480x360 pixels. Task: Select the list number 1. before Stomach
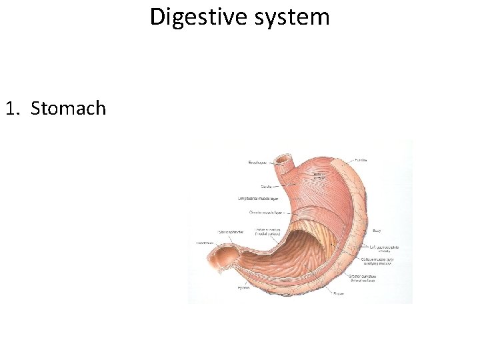tap(14, 108)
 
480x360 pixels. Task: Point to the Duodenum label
tap(205, 243)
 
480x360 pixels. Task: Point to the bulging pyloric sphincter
tap(225, 255)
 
